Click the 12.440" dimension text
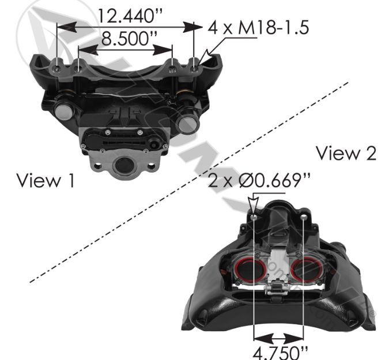pyautogui.click(x=130, y=16)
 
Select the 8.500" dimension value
pyautogui.click(x=129, y=39)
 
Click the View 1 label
pyautogui.click(x=46, y=180)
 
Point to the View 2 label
pyautogui.click(x=346, y=153)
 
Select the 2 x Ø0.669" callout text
pyautogui.click(x=259, y=180)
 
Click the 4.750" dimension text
pyautogui.click(x=280, y=353)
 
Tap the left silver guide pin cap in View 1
pyautogui.click(x=63, y=112)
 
